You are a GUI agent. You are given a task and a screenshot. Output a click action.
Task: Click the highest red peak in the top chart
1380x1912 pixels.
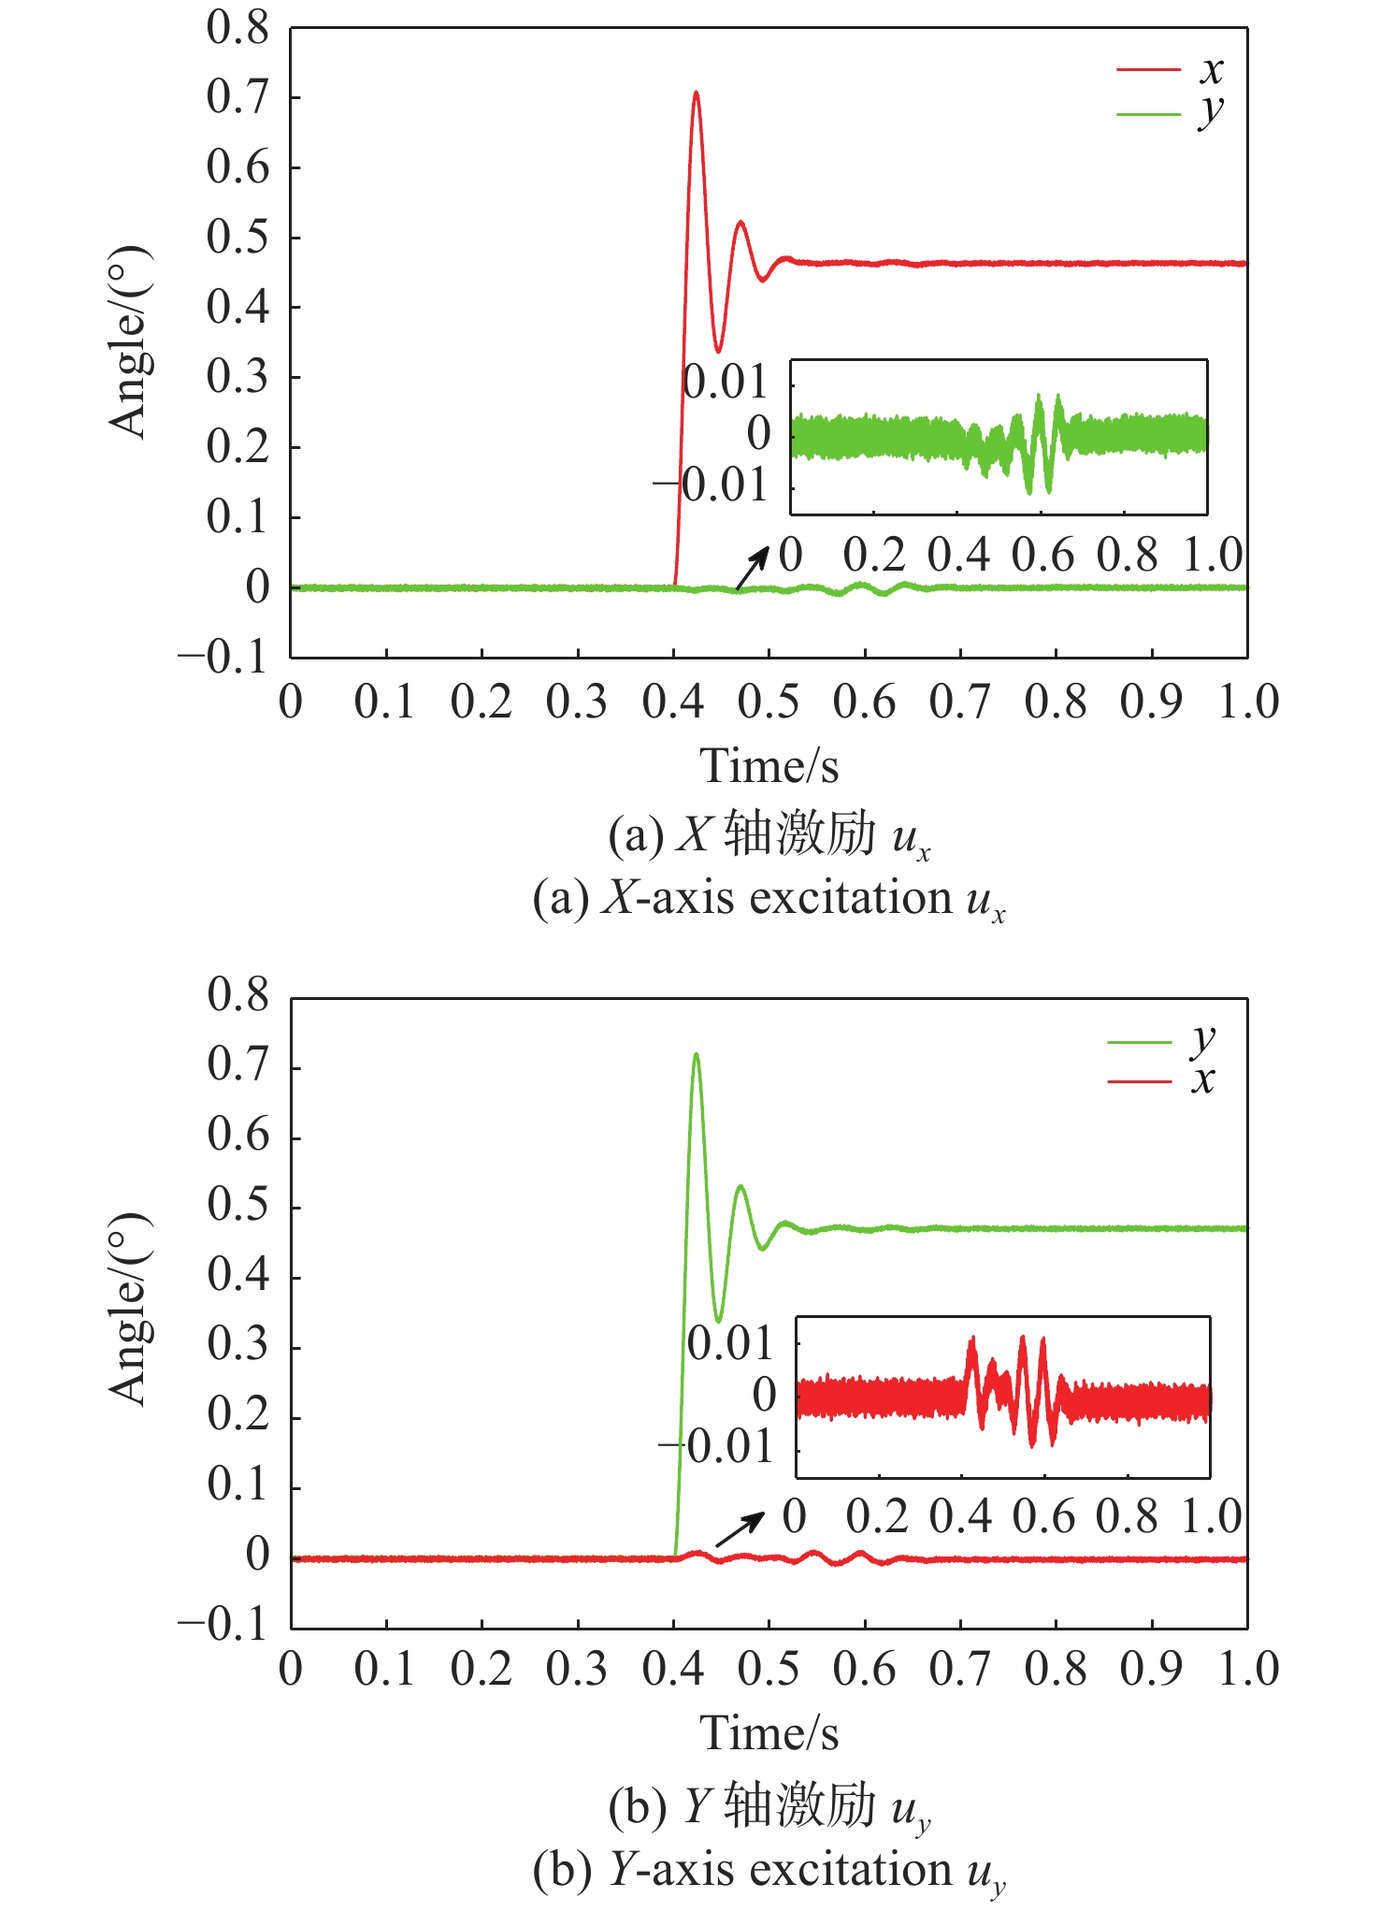point(696,94)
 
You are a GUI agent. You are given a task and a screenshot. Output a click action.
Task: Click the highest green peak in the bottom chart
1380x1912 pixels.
point(696,1056)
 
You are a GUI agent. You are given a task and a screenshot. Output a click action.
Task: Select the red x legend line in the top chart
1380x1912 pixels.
point(1149,69)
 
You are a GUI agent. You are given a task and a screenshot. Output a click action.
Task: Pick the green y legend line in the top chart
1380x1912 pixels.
point(1149,114)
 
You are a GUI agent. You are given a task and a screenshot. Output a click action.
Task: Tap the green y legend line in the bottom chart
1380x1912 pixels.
point(1140,1042)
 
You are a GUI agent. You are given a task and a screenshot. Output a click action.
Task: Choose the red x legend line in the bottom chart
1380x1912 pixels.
point(1140,1082)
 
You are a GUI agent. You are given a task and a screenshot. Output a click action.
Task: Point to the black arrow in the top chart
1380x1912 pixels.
point(751,568)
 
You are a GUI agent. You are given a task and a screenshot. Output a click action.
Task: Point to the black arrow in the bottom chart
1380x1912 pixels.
point(740,1530)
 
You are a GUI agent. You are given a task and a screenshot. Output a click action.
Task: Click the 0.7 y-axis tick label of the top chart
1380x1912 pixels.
point(237,97)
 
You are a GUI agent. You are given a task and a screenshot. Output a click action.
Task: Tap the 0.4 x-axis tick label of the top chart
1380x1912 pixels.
point(673,703)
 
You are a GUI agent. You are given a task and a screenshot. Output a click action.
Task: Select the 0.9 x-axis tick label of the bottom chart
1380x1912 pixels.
point(1152,1670)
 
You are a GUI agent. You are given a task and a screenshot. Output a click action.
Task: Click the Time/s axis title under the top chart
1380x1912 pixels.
point(769,766)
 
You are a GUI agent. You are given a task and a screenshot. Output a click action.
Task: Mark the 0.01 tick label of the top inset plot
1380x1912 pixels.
point(726,383)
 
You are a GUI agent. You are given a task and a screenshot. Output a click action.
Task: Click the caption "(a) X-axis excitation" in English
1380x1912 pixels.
point(769,899)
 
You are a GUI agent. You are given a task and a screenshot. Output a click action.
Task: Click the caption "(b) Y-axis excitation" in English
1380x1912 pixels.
point(769,1870)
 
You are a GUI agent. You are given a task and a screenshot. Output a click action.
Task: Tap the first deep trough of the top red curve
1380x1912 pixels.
point(718,351)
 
